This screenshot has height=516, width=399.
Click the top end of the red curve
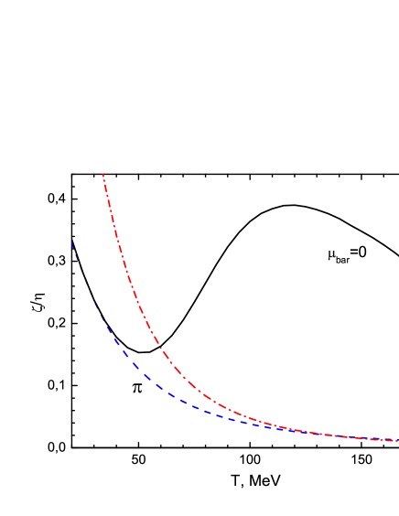tap(102, 174)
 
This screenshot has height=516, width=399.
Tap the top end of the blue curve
tap(70, 242)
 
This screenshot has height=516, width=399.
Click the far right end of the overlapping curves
tap(396, 440)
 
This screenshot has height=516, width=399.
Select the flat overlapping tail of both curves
tap(348, 436)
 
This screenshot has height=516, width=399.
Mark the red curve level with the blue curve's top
tap(117, 242)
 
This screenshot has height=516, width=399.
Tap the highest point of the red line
tap(102, 174)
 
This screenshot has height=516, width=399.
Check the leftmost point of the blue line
tap(70, 242)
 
